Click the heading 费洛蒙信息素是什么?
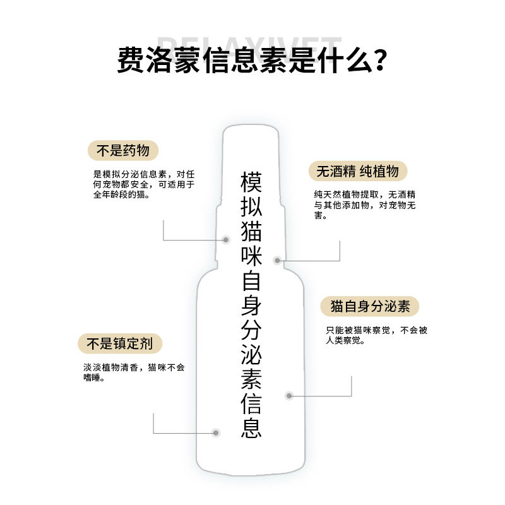coord(252,60)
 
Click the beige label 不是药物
coord(122,151)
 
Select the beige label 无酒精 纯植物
coord(357,172)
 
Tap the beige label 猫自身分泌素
coord(370,307)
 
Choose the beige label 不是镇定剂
coord(120,344)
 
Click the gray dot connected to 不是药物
coord(227,240)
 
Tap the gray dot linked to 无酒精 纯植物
coord(277,260)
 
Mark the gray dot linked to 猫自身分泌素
coord(289,396)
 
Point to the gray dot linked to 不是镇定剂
coord(216,433)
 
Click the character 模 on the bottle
coord(251,183)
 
